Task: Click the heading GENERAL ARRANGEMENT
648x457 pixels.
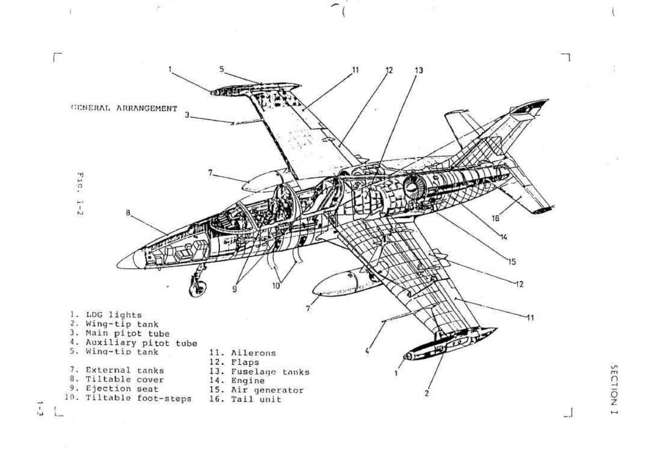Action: point(124,108)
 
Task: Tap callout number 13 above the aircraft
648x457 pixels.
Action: point(419,71)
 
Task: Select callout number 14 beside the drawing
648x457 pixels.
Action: point(504,236)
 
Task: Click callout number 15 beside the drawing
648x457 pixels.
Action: point(511,262)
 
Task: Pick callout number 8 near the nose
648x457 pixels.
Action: point(128,213)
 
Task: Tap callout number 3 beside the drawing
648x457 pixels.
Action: point(187,115)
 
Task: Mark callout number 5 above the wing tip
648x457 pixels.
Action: point(221,69)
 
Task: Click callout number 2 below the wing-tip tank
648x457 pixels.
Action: point(426,393)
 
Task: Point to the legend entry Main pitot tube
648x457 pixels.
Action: point(127,334)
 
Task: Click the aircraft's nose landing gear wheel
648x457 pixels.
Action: point(197,288)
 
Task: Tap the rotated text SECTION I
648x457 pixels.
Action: point(613,388)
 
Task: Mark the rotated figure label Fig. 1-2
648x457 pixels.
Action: point(80,193)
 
